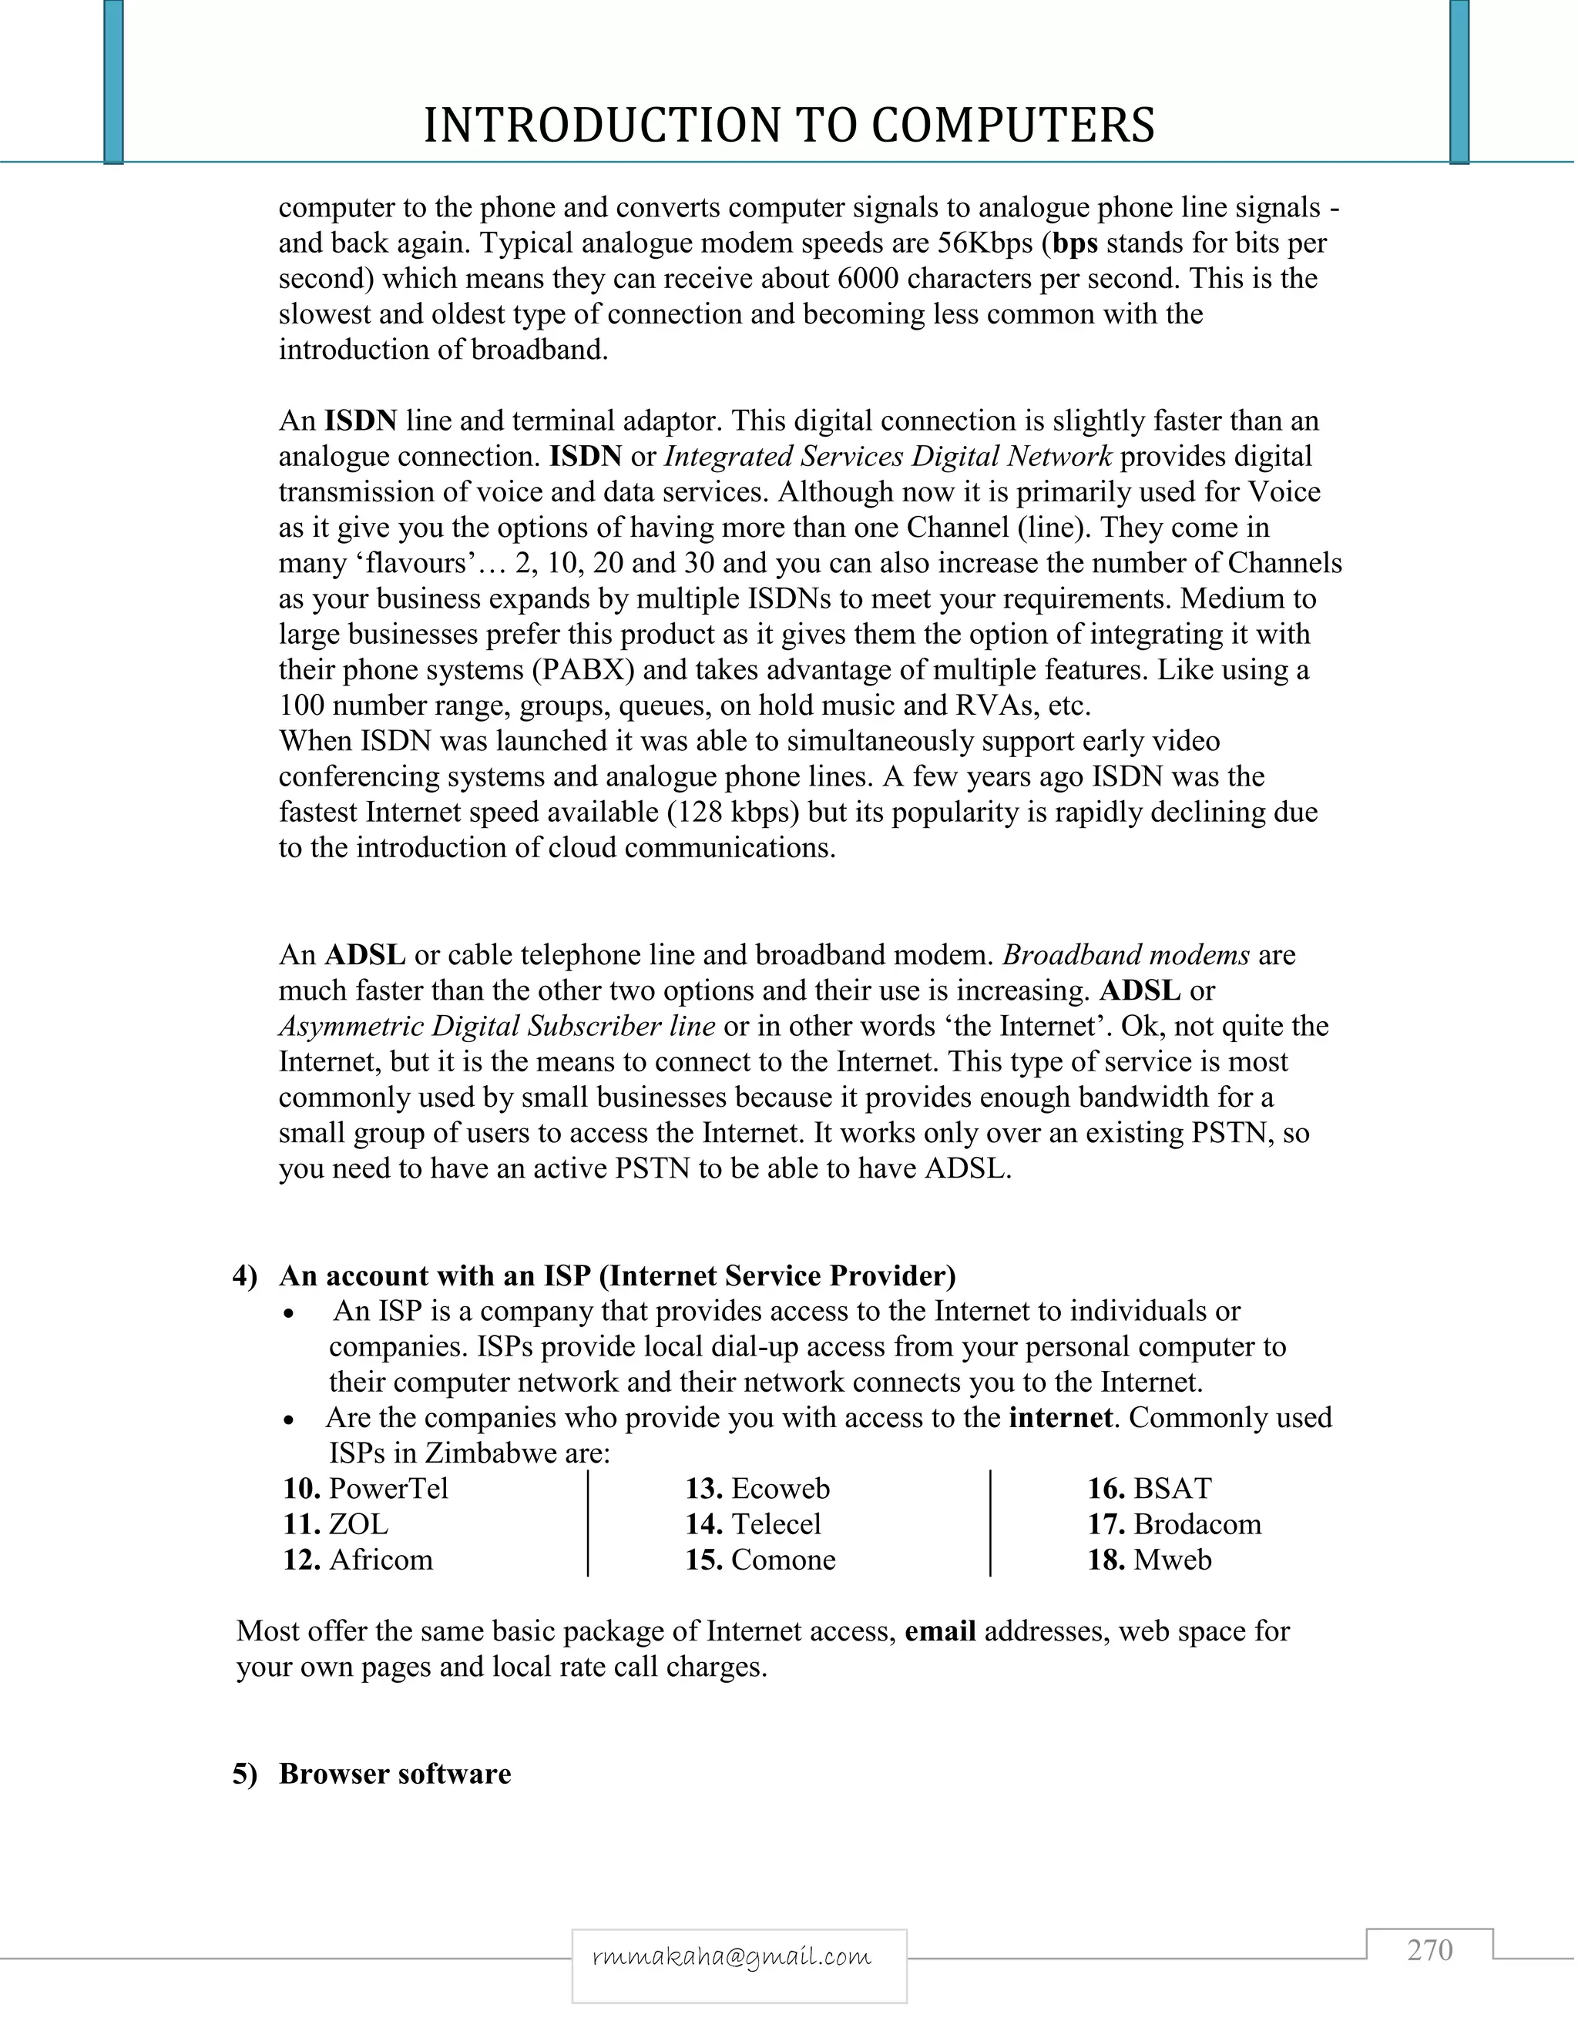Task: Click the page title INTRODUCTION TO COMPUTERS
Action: coord(789,126)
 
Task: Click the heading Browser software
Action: coord(394,1774)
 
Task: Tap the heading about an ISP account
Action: coord(617,1275)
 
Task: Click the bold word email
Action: coord(941,1630)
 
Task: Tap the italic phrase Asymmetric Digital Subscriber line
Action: coord(496,1026)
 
